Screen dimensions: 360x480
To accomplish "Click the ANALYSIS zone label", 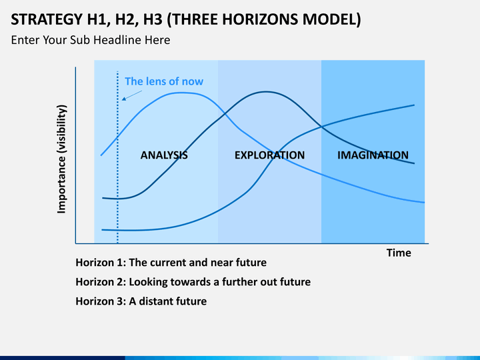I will click(x=164, y=155).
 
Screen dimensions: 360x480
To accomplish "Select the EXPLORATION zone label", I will click(x=269, y=155).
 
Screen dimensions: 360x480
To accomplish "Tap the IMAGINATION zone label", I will click(x=373, y=155).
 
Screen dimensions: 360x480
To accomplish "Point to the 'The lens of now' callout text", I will click(x=164, y=81).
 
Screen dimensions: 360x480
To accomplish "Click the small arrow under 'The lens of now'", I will click(x=132, y=95).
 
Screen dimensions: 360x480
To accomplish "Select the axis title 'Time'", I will click(x=399, y=253).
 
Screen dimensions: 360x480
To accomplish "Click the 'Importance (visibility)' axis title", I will click(x=62, y=159).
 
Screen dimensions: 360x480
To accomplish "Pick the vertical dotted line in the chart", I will click(x=118, y=200).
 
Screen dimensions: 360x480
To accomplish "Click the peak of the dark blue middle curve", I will click(x=266, y=92).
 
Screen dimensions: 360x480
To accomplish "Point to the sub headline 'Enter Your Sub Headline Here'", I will click(x=90, y=40).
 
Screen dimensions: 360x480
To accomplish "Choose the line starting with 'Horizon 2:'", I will click(x=193, y=281).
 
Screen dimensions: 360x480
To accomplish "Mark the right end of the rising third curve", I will click(x=414, y=105).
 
